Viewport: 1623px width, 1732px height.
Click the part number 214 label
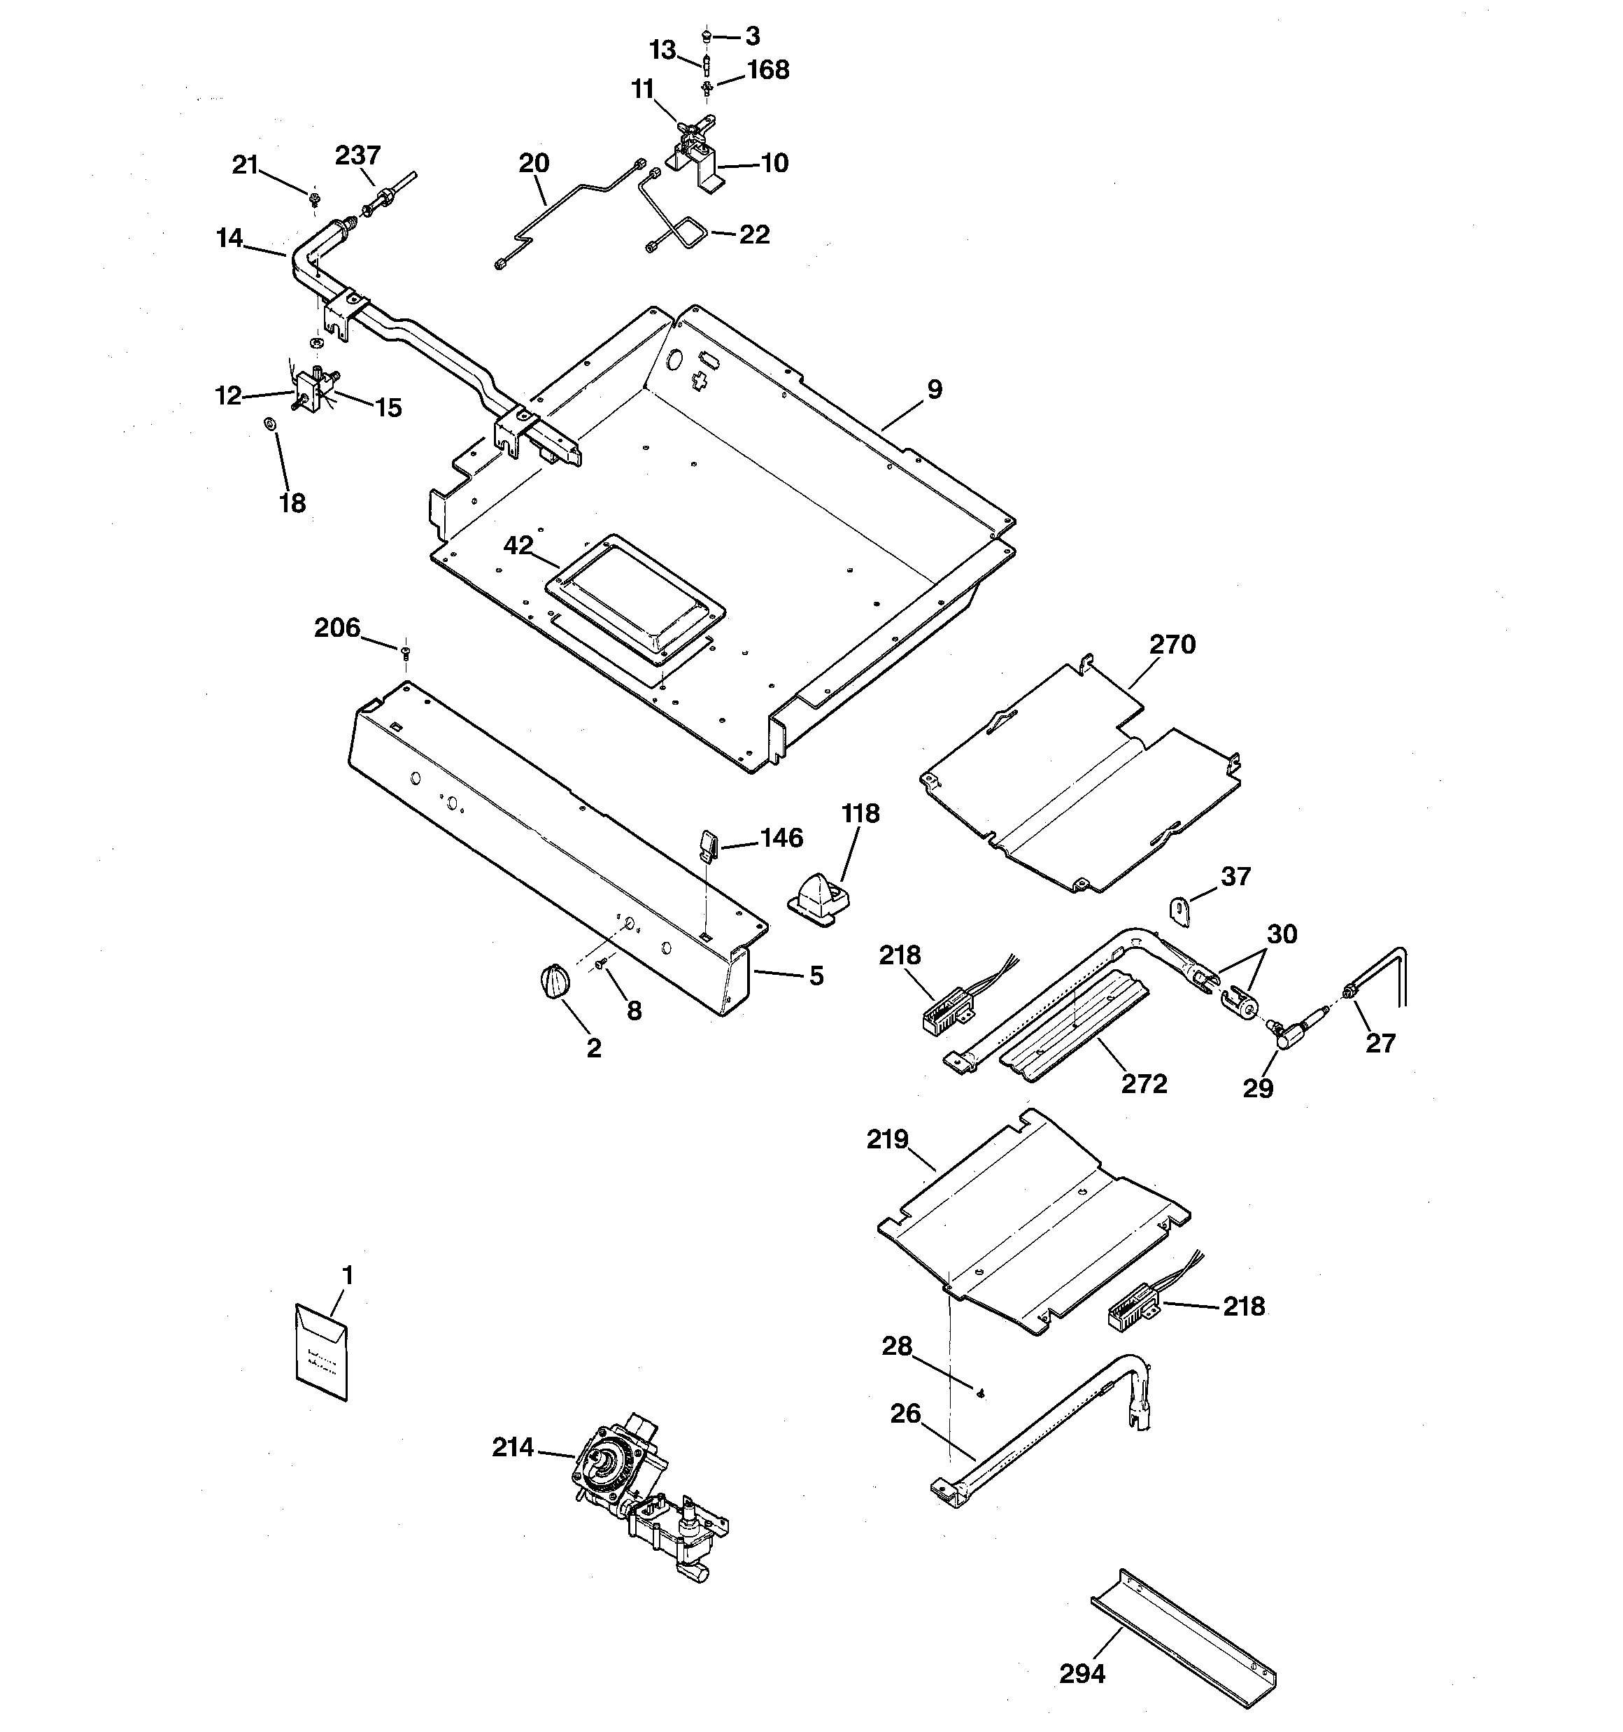click(x=512, y=1447)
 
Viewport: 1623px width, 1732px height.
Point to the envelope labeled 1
click(x=322, y=1352)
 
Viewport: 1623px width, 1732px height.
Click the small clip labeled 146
click(x=707, y=843)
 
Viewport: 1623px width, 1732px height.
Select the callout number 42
click(x=518, y=545)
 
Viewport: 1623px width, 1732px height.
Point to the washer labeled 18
click(x=270, y=423)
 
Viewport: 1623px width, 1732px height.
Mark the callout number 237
click(x=357, y=155)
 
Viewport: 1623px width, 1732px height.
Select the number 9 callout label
click(x=935, y=390)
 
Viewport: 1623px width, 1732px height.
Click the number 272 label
click(x=1144, y=1084)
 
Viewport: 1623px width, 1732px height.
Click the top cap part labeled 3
click(x=706, y=36)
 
